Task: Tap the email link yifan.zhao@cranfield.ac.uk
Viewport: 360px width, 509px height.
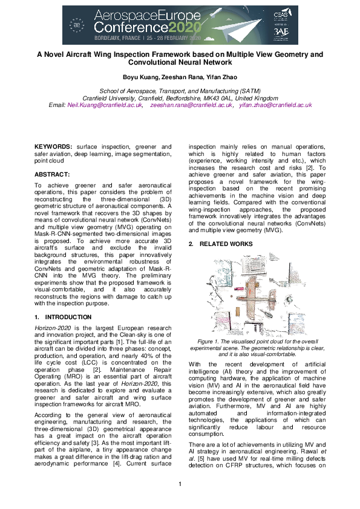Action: pyautogui.click(x=275, y=105)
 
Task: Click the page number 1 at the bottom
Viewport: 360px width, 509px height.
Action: pyautogui.click(x=180, y=484)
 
